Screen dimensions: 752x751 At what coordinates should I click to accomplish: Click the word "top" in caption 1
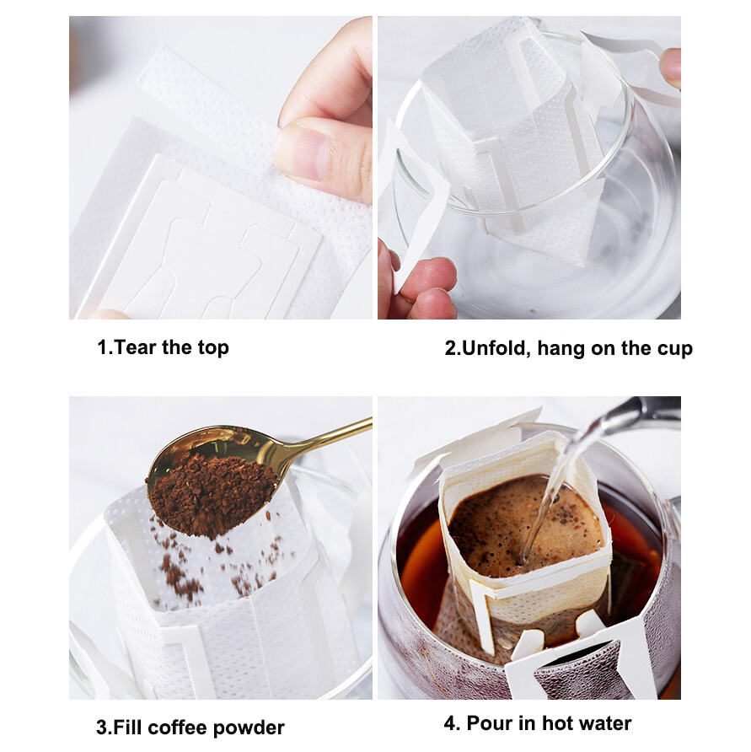[x=212, y=348]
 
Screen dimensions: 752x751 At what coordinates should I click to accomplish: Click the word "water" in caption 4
[x=603, y=723]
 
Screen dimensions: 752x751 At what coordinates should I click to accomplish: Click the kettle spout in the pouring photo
[x=641, y=413]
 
